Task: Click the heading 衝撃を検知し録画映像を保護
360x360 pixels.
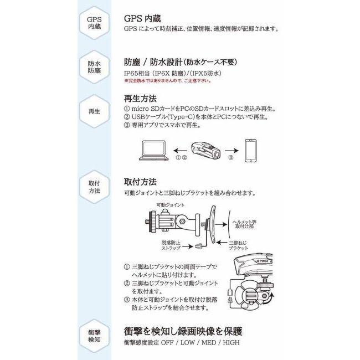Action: point(183,332)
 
